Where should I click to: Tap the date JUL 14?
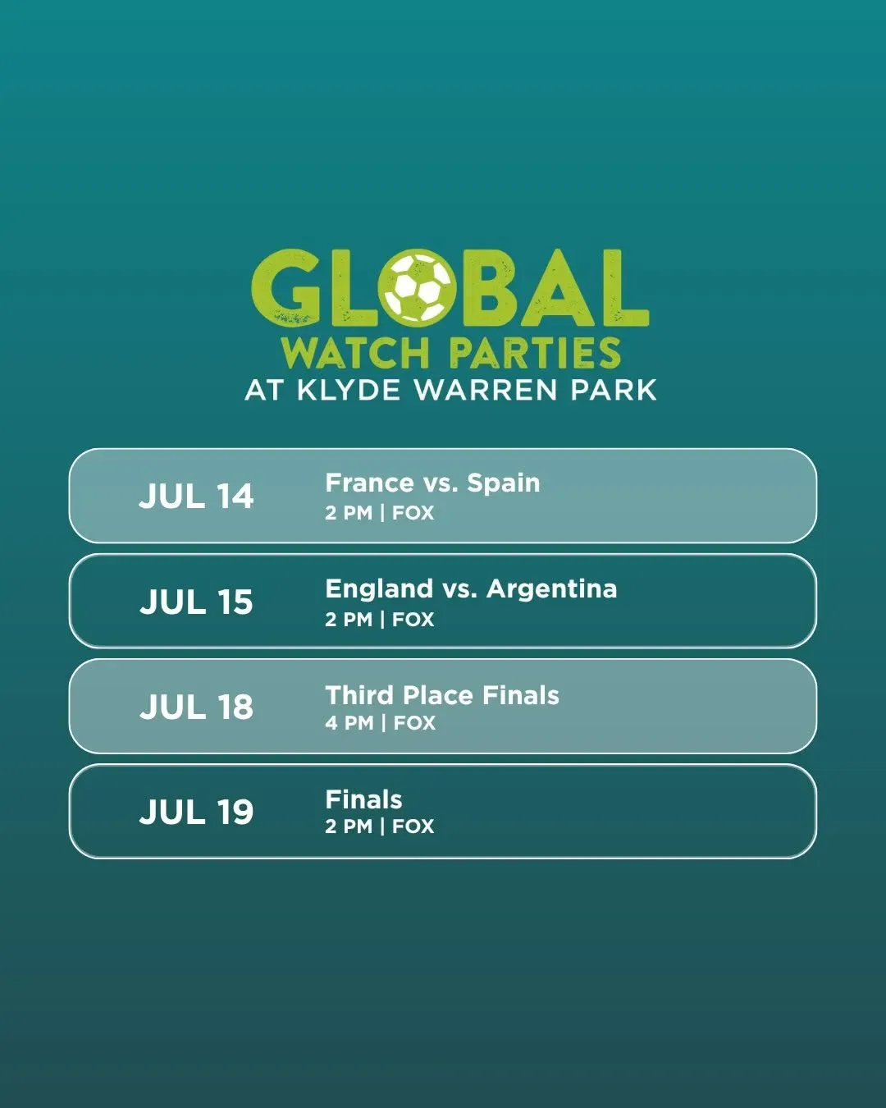pos(196,497)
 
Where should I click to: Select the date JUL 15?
pos(196,602)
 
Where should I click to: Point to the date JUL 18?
pos(196,707)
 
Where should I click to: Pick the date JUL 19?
pos(196,812)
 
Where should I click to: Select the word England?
pos(379,588)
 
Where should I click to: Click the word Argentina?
pos(551,588)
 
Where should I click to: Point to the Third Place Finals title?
pos(442,695)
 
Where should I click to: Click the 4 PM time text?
pos(349,723)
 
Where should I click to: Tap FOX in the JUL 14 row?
pos(413,513)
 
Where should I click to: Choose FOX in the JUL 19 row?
pos(413,826)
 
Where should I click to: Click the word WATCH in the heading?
pos(355,353)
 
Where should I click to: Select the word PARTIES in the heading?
pos(535,353)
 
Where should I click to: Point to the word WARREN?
pos(486,390)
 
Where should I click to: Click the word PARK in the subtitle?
pos(614,390)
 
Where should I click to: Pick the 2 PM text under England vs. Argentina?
pos(349,620)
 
